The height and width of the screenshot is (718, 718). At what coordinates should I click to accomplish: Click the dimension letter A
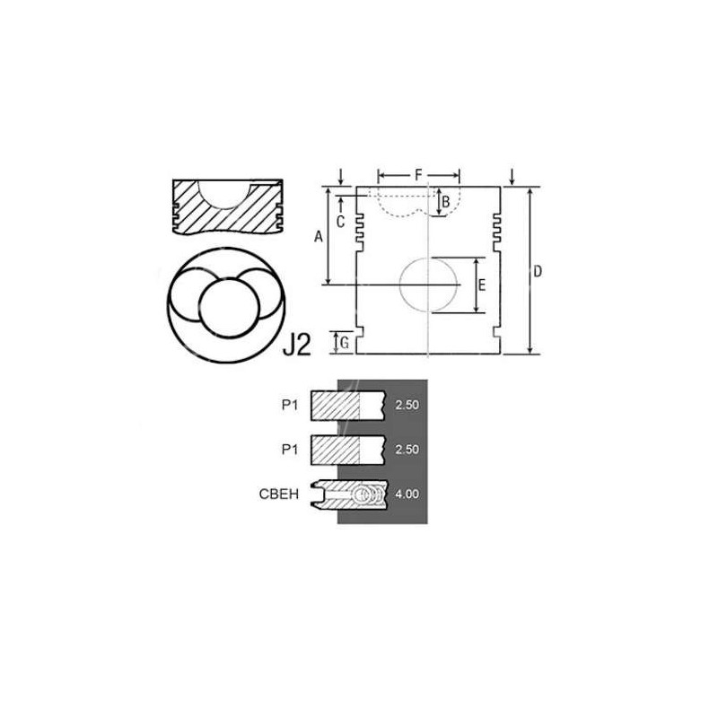(x=319, y=237)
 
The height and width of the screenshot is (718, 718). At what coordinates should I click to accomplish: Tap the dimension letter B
(x=445, y=201)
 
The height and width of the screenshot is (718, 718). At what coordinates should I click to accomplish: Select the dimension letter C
(x=340, y=222)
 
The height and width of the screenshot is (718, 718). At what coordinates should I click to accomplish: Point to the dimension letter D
(x=538, y=272)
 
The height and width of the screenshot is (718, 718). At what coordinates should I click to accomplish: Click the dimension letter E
(x=482, y=285)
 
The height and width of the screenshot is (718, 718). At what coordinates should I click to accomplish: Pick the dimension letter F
(x=418, y=174)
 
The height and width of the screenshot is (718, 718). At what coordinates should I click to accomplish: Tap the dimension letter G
(x=345, y=343)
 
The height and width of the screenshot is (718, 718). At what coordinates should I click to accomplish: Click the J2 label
(x=297, y=345)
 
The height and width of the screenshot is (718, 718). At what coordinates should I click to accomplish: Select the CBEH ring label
(x=279, y=495)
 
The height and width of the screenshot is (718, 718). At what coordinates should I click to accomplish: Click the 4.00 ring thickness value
(x=407, y=495)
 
